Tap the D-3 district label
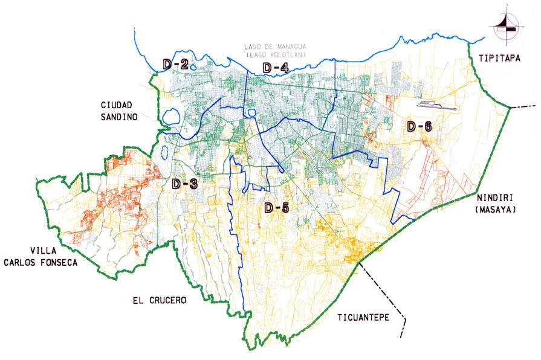click(x=185, y=184)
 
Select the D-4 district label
click(x=275, y=68)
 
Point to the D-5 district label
click(x=277, y=208)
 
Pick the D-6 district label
click(x=419, y=126)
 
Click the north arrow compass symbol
click(x=506, y=24)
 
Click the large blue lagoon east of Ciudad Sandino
click(x=171, y=115)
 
